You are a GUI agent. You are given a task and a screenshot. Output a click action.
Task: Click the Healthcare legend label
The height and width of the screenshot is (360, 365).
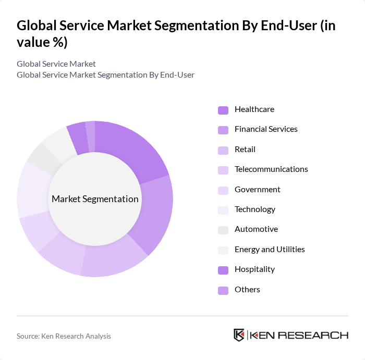click(x=254, y=109)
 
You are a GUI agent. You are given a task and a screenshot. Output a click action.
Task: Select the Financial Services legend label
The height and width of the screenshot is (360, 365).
click(x=266, y=129)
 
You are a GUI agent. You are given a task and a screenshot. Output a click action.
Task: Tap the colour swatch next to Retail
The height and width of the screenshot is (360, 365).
click(x=223, y=150)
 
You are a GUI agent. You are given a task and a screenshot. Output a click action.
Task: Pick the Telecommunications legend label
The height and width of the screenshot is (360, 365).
click(x=271, y=169)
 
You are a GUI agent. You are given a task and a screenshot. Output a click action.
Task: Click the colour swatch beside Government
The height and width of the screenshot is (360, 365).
click(x=223, y=190)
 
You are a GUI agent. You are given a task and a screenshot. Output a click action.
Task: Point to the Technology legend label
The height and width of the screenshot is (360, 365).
click(x=254, y=209)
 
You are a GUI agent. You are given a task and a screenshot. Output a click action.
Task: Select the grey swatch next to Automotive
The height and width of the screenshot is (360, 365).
click(x=223, y=230)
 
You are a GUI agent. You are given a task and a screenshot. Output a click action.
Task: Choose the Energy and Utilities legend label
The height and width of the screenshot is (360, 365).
click(x=270, y=250)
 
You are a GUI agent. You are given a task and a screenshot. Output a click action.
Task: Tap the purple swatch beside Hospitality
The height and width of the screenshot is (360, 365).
click(x=223, y=270)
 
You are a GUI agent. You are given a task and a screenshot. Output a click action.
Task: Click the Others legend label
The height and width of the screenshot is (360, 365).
click(x=247, y=290)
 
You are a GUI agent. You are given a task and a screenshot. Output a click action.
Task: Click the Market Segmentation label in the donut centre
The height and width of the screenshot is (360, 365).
click(x=95, y=199)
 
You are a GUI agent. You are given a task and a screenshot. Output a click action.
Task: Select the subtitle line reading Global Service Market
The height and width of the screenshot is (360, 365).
click(x=56, y=64)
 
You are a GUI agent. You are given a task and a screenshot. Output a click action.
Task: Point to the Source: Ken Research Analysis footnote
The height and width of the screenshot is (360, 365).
click(x=64, y=336)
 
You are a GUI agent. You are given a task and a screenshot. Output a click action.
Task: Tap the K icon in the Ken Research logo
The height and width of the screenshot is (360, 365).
click(x=239, y=335)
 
